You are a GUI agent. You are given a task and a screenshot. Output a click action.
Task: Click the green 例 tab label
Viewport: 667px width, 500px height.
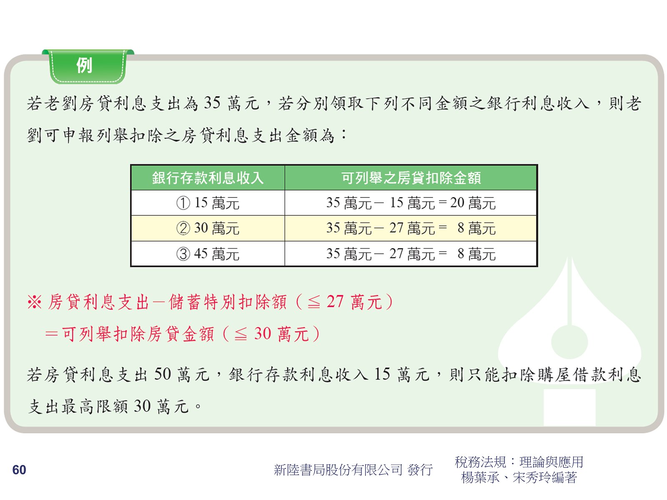(85, 65)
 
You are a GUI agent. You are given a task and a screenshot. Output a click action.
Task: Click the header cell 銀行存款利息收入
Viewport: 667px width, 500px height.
(208, 177)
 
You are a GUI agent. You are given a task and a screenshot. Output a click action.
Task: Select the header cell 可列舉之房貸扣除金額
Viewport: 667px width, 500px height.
(411, 177)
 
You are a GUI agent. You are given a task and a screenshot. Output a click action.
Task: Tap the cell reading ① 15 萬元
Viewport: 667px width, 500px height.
(208, 203)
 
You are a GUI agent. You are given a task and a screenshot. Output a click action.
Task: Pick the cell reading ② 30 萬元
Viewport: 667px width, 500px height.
(208, 228)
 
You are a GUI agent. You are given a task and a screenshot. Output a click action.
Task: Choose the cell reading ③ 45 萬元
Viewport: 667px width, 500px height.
(208, 254)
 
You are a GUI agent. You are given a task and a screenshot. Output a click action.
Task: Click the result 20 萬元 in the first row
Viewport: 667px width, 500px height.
(473, 203)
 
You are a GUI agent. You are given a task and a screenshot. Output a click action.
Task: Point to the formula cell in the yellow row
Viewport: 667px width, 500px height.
(411, 228)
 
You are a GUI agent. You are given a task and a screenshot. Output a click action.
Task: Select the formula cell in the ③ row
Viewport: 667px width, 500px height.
(411, 254)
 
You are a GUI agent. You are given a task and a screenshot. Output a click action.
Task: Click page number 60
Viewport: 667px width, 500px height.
(19, 470)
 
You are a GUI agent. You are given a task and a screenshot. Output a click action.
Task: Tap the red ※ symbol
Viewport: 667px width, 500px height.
(35, 302)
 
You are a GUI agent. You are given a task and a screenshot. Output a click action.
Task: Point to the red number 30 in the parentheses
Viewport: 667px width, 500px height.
(263, 333)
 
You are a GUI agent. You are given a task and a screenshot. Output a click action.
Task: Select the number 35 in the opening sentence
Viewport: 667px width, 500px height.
(212, 102)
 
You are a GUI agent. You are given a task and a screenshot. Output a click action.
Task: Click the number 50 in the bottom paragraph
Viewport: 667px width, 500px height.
(163, 374)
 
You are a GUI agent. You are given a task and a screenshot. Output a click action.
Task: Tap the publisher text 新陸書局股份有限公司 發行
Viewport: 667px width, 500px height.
(353, 470)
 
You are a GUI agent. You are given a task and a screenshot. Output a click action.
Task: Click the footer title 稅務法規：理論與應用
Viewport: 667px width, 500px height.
(519, 462)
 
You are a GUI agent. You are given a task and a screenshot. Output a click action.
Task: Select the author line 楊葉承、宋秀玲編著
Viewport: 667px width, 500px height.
(519, 477)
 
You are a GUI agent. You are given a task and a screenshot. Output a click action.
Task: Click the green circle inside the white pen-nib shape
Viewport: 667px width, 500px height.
(569, 342)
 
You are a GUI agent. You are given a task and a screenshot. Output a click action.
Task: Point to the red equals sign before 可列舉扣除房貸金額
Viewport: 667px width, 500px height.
(52, 334)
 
